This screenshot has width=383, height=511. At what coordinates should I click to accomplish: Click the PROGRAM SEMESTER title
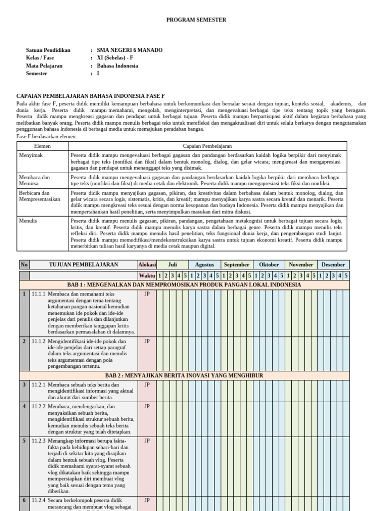pyautogui.click(x=196, y=20)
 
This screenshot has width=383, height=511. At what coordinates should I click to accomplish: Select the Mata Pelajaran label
pyautogui.click(x=44, y=66)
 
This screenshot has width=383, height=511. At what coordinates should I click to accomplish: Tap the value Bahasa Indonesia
pyautogui.click(x=117, y=66)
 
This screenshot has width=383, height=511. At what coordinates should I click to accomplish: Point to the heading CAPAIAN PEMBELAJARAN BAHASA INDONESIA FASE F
pyautogui.click(x=90, y=96)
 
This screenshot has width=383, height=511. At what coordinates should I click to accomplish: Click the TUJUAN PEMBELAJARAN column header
pyautogui.click(x=83, y=265)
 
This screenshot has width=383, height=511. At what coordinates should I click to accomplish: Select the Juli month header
pyautogui.click(x=173, y=265)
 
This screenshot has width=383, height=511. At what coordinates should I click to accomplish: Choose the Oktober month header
pyautogui.click(x=269, y=265)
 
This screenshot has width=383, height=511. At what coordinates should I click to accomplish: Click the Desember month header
pyautogui.click(x=333, y=265)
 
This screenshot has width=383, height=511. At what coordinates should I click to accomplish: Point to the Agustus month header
pyautogui.click(x=204, y=265)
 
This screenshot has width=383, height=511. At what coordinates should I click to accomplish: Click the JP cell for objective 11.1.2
pyautogui.click(x=147, y=342)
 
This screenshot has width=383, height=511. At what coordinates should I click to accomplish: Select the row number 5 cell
pyautogui.click(x=24, y=441)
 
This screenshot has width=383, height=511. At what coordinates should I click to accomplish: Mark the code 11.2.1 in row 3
pyautogui.click(x=38, y=385)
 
